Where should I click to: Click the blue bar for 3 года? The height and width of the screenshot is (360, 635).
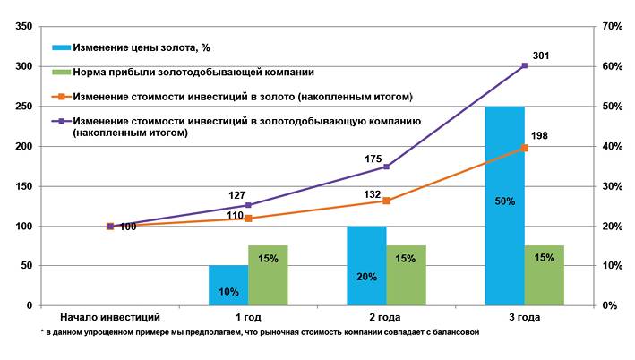(x=504, y=206)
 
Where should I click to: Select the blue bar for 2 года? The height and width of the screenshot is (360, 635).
(x=366, y=266)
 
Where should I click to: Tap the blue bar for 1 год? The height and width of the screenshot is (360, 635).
(x=228, y=286)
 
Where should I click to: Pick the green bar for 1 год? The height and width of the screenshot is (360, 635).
(x=268, y=276)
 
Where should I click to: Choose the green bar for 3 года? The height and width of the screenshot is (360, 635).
(x=544, y=276)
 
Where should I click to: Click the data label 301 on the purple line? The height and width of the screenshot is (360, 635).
(x=540, y=56)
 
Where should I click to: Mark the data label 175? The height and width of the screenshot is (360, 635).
(x=374, y=158)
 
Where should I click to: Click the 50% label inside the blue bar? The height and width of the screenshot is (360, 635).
(x=504, y=201)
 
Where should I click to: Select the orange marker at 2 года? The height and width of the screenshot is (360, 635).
(x=386, y=201)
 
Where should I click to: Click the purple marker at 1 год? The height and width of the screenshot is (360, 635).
(x=248, y=205)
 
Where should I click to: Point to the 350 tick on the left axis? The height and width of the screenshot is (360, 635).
(x=21, y=27)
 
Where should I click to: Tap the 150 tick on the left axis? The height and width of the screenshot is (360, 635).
(x=21, y=186)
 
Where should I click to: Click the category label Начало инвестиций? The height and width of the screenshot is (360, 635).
(x=109, y=318)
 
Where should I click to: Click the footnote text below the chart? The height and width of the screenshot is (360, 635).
(x=261, y=332)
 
